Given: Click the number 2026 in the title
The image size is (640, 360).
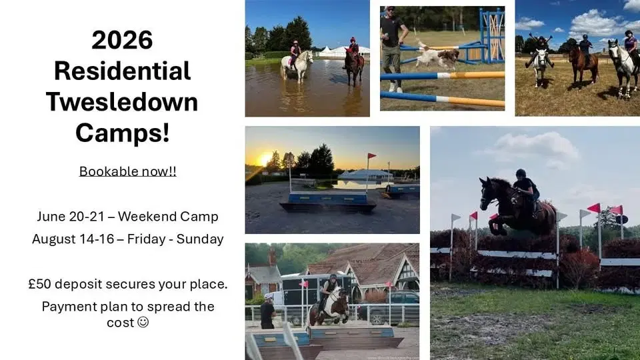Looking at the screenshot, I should tap(122, 41).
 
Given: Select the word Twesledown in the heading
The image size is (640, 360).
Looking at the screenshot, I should tap(122, 102).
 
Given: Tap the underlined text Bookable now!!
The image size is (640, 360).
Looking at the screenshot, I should tap(128, 171).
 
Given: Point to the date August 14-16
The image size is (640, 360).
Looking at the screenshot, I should tap(71, 239).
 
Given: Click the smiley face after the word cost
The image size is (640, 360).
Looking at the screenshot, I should tap(142, 322).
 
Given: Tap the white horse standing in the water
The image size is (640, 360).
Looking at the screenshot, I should tap(295, 65).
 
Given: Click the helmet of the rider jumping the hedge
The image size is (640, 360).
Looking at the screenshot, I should tap(521, 173).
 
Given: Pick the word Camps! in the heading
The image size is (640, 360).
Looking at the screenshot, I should tap(122, 133).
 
